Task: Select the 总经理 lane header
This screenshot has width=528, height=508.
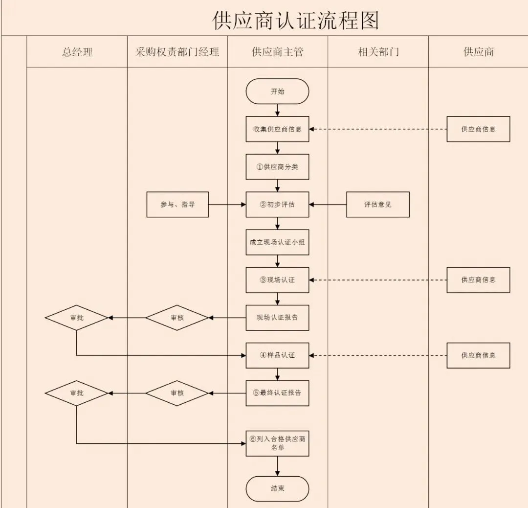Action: point(77,52)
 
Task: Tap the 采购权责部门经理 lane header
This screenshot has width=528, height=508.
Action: point(177,52)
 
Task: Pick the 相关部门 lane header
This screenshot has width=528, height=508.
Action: point(378,52)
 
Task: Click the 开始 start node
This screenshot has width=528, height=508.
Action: point(277,92)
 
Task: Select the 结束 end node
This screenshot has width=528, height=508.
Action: point(277,488)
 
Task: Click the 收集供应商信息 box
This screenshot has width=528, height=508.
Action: point(277,129)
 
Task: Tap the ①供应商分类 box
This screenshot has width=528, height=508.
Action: point(277,167)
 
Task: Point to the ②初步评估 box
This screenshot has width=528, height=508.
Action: point(277,205)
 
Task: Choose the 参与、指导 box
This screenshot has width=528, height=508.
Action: point(177,205)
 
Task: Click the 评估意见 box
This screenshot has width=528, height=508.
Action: point(378,205)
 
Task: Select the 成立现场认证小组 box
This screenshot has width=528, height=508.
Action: point(277,242)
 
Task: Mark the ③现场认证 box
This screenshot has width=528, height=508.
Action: point(277,280)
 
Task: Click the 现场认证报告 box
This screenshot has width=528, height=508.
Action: point(277,318)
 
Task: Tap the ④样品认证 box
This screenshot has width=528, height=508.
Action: point(277,355)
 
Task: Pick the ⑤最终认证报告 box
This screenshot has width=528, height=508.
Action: point(277,393)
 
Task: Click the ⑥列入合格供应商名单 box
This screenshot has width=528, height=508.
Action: point(277,443)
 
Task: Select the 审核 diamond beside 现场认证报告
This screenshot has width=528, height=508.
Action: point(177,318)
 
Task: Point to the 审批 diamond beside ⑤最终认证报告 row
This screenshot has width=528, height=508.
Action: point(77,393)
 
